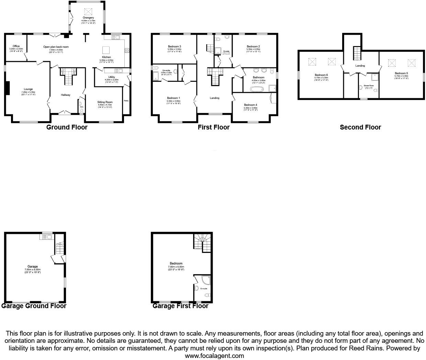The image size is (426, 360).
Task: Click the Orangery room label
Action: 88,18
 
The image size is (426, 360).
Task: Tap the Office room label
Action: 16,46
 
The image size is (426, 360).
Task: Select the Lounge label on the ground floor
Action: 28,89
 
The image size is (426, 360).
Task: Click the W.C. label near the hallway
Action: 81,107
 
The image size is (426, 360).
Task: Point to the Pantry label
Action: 126,101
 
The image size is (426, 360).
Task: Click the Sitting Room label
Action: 105,102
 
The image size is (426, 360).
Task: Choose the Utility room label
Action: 111,77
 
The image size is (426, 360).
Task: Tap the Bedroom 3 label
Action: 175,46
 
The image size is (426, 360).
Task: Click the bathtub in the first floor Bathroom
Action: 256,89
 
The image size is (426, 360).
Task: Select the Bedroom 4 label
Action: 250,105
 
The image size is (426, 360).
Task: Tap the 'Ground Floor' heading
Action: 67,127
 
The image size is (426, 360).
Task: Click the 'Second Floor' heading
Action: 360,127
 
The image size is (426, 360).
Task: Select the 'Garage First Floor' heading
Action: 180,306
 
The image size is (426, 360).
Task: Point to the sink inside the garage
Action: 46,236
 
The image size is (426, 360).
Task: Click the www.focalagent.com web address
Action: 214,356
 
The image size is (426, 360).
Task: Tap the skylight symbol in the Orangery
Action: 88,10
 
